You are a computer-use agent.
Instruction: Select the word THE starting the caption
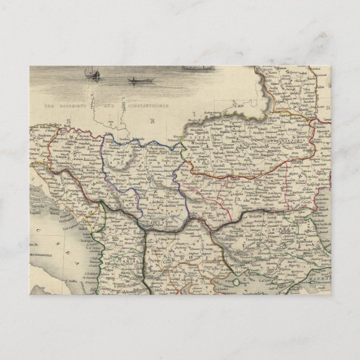coord(51,105)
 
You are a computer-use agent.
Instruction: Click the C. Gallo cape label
coord(72,281)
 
